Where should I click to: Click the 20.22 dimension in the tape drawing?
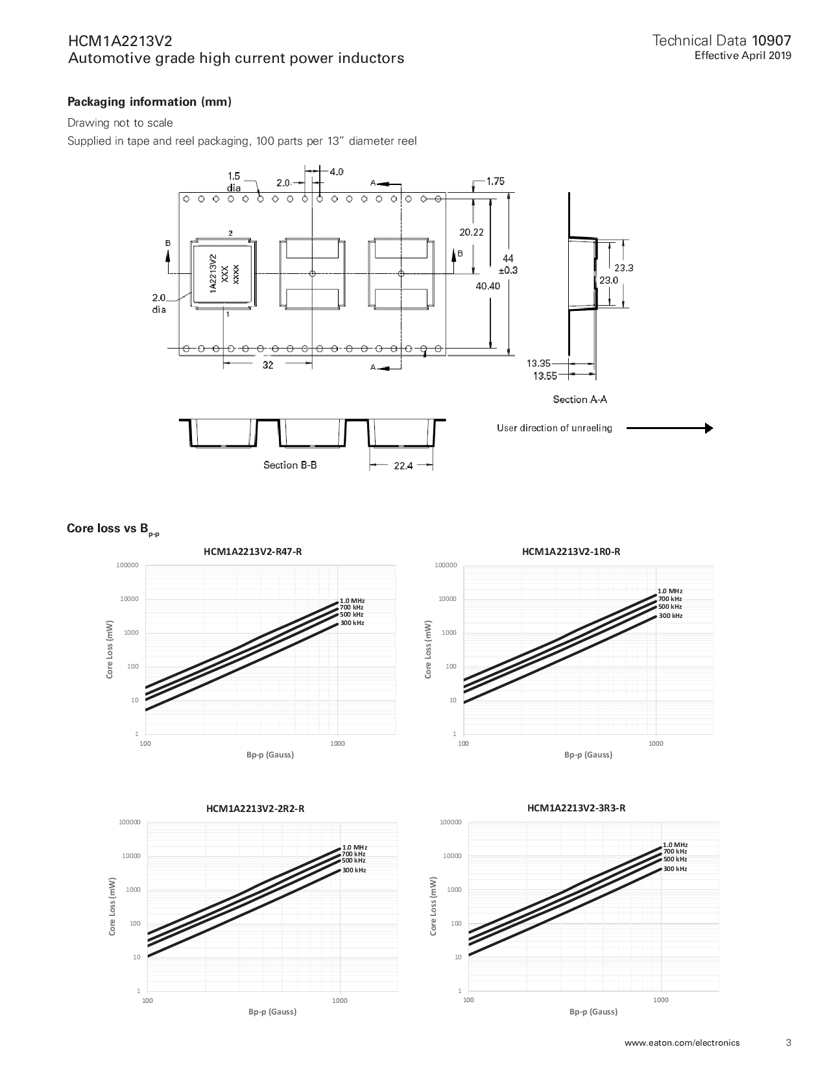pos(471,232)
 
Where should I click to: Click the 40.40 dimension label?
pos(488,286)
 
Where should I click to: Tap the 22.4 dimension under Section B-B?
pos(403,465)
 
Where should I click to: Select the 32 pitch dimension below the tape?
pos(268,365)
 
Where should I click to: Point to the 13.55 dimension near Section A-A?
pos(545,376)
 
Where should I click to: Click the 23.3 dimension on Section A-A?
pos(623,267)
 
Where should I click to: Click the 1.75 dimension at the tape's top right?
pos(495,182)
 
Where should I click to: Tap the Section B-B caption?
pos(290,465)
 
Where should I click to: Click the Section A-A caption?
pos(580,399)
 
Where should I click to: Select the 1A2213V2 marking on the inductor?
pos(213,273)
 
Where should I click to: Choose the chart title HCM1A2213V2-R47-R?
pos(252,552)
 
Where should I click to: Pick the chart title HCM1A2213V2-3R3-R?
pos(576,808)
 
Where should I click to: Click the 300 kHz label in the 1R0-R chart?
pos(671,615)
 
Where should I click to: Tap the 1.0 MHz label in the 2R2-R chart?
pos(355,847)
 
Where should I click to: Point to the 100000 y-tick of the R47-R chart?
pos(128,565)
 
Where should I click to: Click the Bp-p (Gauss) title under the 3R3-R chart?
pos(593,1011)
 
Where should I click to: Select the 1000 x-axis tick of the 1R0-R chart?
pos(656,743)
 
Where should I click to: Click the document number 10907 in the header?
pos(771,42)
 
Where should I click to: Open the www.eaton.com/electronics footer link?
pos(682,1043)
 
